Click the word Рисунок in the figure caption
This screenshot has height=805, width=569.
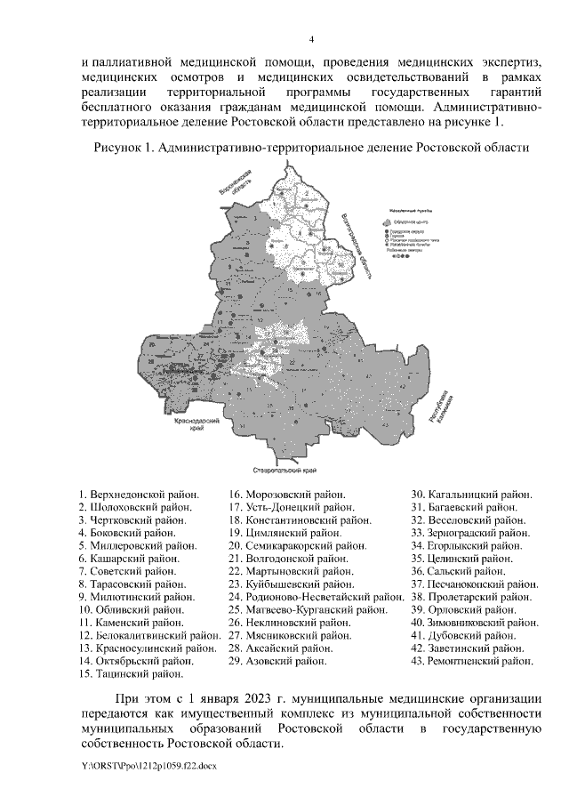(x=119, y=146)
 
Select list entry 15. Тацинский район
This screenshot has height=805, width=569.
(x=125, y=674)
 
